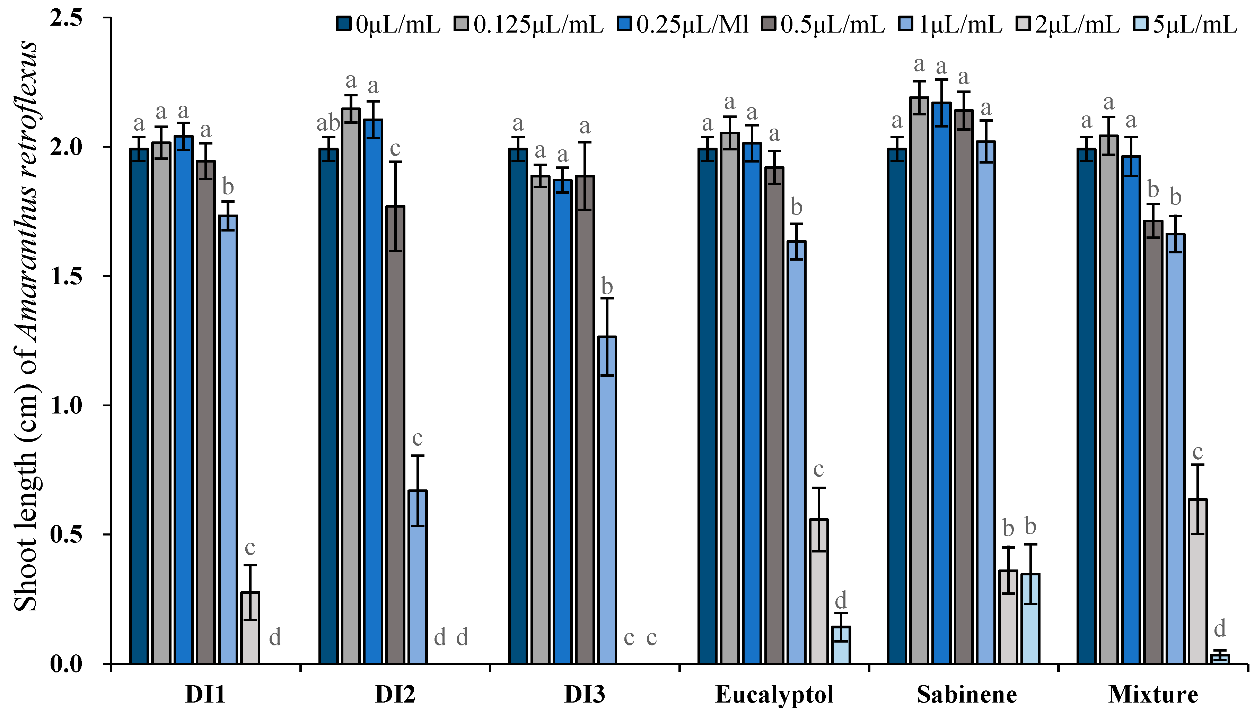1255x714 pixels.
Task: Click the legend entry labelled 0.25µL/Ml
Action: point(686,25)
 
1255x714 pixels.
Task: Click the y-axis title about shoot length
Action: point(26,326)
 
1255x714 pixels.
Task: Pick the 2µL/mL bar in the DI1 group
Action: point(251,628)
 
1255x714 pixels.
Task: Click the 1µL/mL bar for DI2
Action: point(417,577)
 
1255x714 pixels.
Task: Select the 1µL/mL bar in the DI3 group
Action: point(607,500)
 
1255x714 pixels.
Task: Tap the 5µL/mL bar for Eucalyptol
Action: point(841,645)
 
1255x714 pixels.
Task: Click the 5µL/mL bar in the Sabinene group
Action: point(1030,619)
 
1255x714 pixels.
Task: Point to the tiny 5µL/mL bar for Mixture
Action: point(1220,659)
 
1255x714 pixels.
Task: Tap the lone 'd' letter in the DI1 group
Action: point(275,637)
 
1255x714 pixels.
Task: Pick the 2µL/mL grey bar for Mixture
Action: point(1197,582)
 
